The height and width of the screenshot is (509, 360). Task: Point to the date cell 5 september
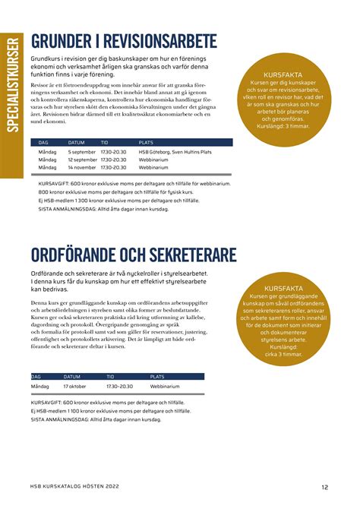(81, 152)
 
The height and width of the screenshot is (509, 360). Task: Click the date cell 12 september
(82, 160)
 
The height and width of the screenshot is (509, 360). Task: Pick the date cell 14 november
(82, 167)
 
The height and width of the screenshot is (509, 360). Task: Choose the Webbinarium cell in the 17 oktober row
(165, 386)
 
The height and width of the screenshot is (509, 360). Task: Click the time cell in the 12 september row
(112, 160)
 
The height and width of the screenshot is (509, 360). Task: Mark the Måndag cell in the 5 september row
(47, 152)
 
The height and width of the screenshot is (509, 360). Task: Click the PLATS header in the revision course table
(146, 142)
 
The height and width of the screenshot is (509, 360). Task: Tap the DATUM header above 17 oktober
(71, 376)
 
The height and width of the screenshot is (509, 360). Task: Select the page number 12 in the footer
(324, 487)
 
